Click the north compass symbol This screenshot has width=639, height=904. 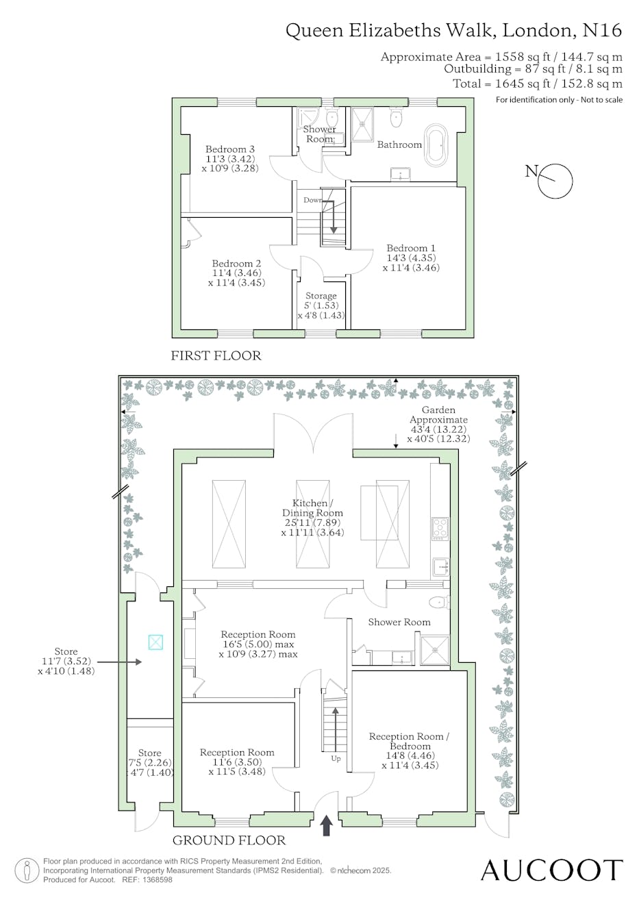pos(555,181)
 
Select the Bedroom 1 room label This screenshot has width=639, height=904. pos(411,248)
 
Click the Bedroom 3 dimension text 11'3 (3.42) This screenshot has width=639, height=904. pos(230,159)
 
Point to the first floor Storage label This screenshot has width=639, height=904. pos(321,296)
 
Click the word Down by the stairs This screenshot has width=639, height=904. pos(313,200)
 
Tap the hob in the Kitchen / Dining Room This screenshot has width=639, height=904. pos(440,529)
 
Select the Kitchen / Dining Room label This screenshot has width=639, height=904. pos(312,507)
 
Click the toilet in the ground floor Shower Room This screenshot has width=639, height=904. pos(439,603)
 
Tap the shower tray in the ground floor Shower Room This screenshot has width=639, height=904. pos(435,650)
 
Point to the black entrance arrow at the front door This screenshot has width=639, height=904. pos(327,825)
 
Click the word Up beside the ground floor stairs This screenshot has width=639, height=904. pos(336,758)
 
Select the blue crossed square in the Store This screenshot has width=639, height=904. pos(155,642)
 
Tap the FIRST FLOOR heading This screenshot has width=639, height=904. pos(216,355)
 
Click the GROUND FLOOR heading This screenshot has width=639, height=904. pos(229,840)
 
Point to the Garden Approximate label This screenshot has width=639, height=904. pos(438,414)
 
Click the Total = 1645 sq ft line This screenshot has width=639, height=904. pos(537,84)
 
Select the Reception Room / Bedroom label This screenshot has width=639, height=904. pos(410,742)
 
